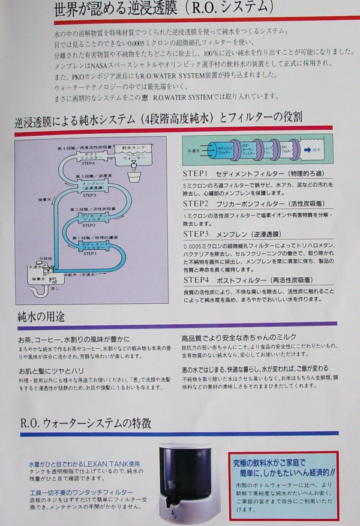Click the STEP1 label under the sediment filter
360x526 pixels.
[x=89, y=254]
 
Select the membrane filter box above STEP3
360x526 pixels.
[x=90, y=186]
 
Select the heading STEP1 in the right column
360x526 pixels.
[x=195, y=173]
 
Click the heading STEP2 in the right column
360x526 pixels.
[x=195, y=204]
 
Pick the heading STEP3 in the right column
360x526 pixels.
[x=195, y=234]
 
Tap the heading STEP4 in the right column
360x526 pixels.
[x=195, y=280]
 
